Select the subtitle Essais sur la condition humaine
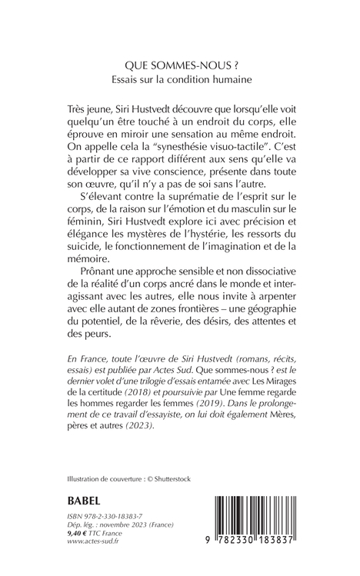point(179,79)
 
